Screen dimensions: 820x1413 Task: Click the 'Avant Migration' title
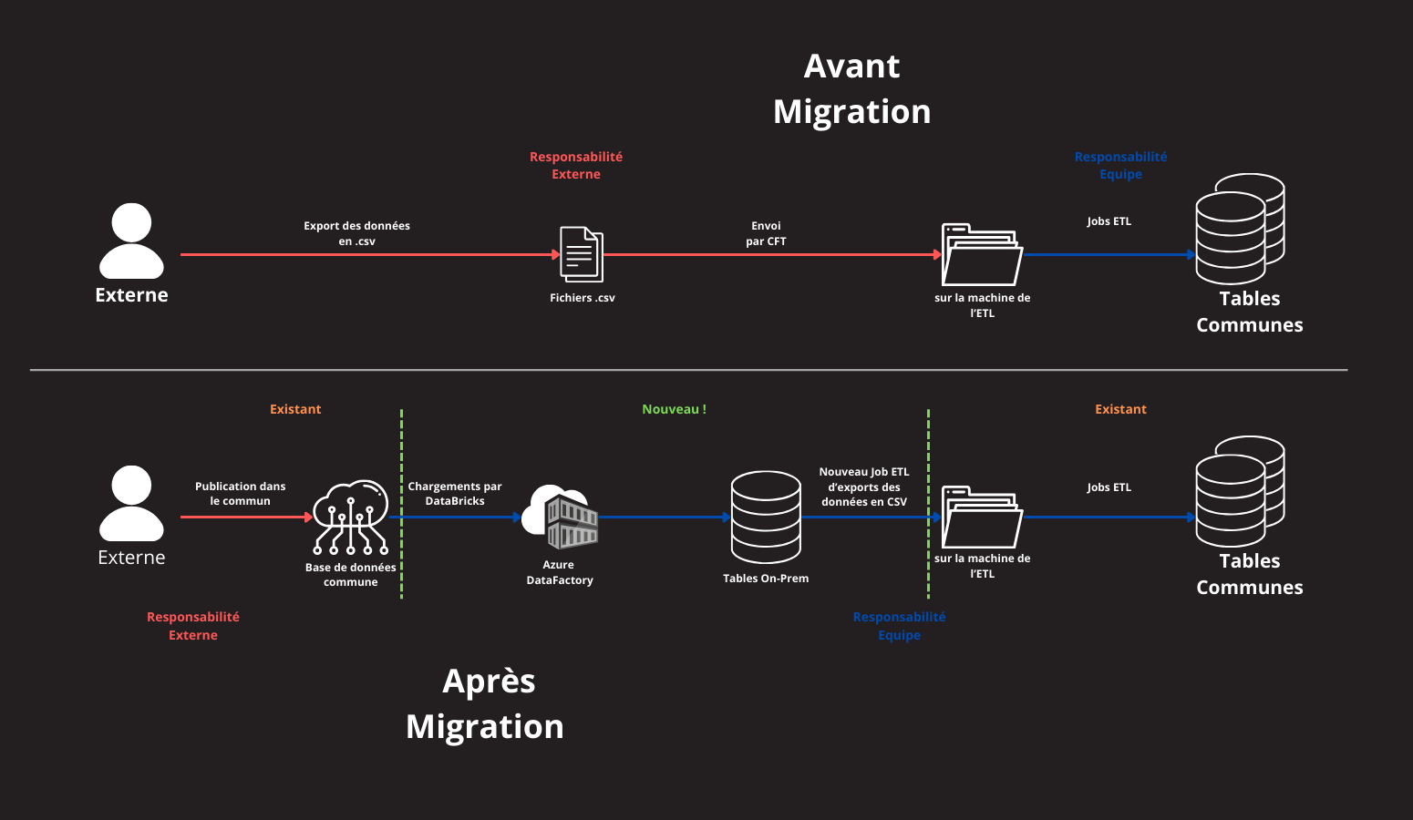[x=852, y=89]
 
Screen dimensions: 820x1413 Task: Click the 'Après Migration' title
[x=486, y=704]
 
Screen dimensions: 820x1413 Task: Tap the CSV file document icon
[x=581, y=254]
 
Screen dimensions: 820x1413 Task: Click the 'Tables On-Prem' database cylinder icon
[x=766, y=517]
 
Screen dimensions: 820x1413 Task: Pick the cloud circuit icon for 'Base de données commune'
[x=351, y=517]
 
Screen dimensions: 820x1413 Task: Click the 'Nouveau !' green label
[x=674, y=409]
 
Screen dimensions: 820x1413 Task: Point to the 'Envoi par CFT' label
[x=766, y=233]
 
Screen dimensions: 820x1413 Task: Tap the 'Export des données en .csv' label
[x=356, y=233]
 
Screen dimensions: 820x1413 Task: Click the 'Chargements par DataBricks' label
[x=455, y=494]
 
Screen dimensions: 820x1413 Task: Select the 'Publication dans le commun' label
[x=240, y=494]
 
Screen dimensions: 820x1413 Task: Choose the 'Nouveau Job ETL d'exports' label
[x=864, y=487]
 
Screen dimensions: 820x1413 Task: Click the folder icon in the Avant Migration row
[x=982, y=255]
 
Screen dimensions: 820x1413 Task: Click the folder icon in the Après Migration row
[x=982, y=517]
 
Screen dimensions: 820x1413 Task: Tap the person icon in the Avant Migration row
[x=131, y=241]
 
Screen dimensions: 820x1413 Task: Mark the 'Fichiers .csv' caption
[x=583, y=298]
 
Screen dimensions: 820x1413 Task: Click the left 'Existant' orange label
[x=295, y=409]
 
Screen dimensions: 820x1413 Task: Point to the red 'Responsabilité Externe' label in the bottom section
[x=193, y=626]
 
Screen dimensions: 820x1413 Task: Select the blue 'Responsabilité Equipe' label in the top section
[x=1120, y=165]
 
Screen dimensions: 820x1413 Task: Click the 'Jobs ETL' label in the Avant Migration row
[x=1109, y=221]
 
